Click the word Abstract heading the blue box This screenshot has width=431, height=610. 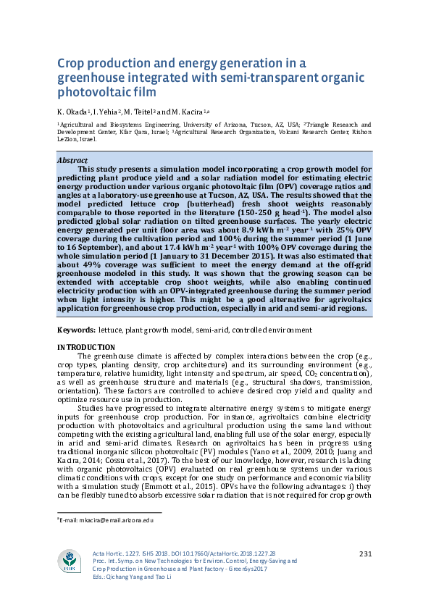73,159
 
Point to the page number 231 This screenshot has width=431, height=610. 365,554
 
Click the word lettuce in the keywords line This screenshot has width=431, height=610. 112,330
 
